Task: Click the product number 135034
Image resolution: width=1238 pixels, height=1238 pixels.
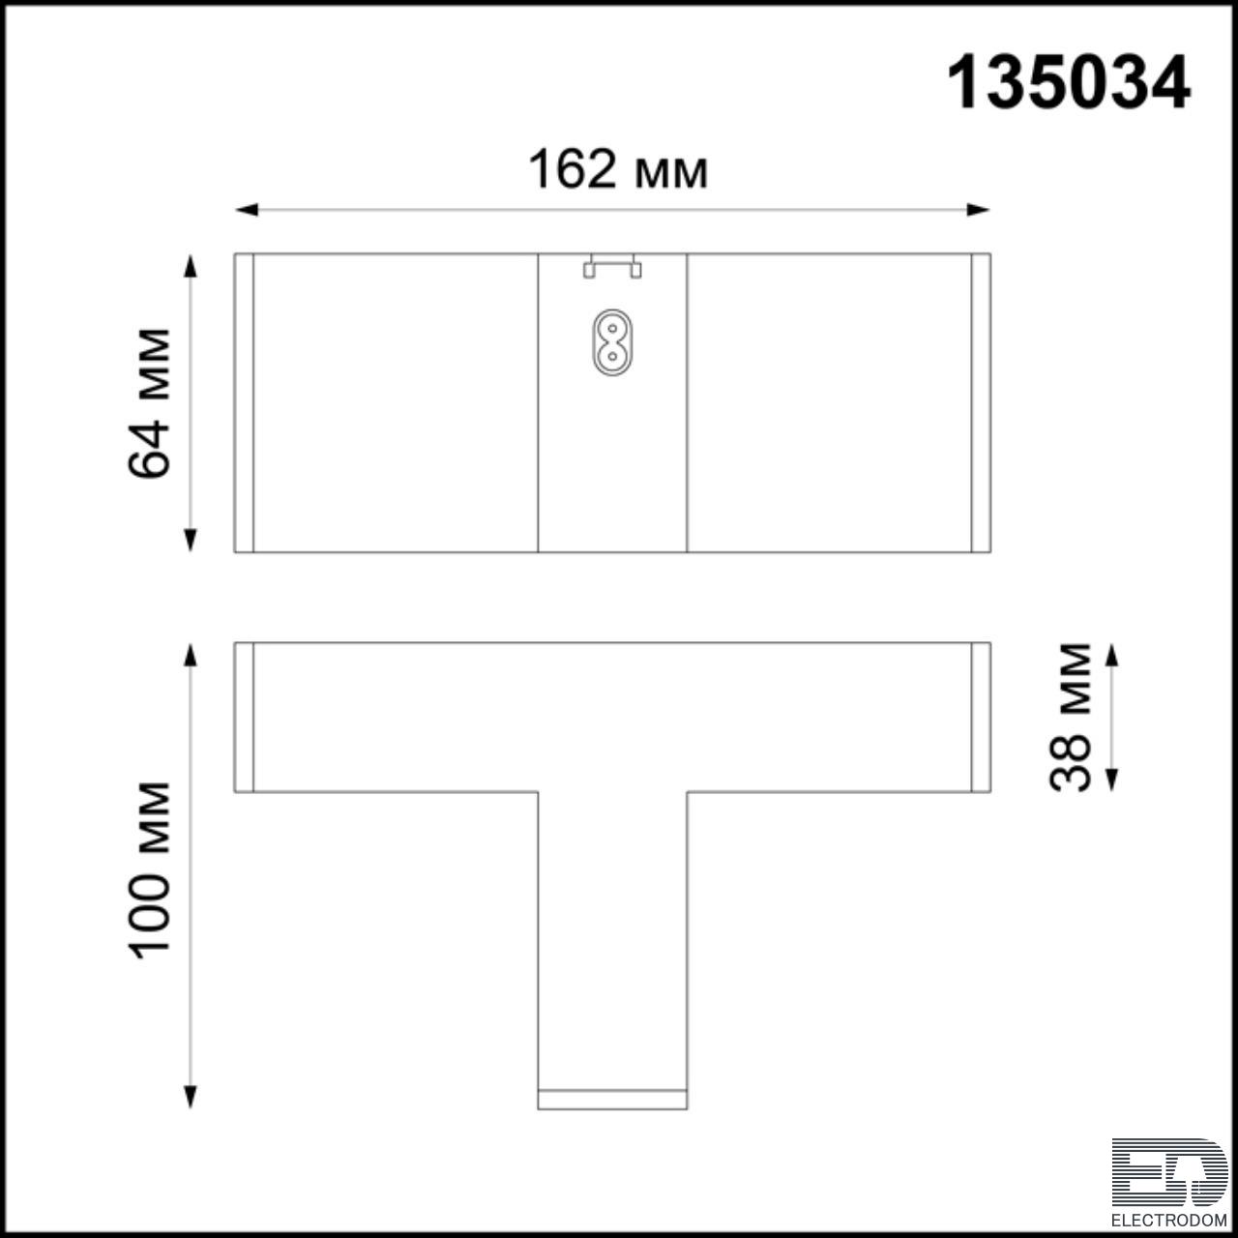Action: click(1069, 83)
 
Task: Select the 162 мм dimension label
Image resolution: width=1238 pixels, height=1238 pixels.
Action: click(618, 169)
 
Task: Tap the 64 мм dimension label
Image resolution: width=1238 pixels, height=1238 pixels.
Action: click(149, 403)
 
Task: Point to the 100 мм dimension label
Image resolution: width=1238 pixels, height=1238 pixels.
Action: click(149, 870)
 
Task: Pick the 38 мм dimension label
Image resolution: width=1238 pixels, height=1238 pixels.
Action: click(1070, 717)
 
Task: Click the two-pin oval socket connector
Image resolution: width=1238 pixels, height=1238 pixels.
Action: click(611, 342)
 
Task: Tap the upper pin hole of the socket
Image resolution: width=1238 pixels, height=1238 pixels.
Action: click(611, 329)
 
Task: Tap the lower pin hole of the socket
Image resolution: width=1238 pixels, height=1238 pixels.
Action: click(611, 356)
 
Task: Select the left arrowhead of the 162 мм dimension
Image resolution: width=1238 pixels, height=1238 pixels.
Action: click(247, 210)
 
